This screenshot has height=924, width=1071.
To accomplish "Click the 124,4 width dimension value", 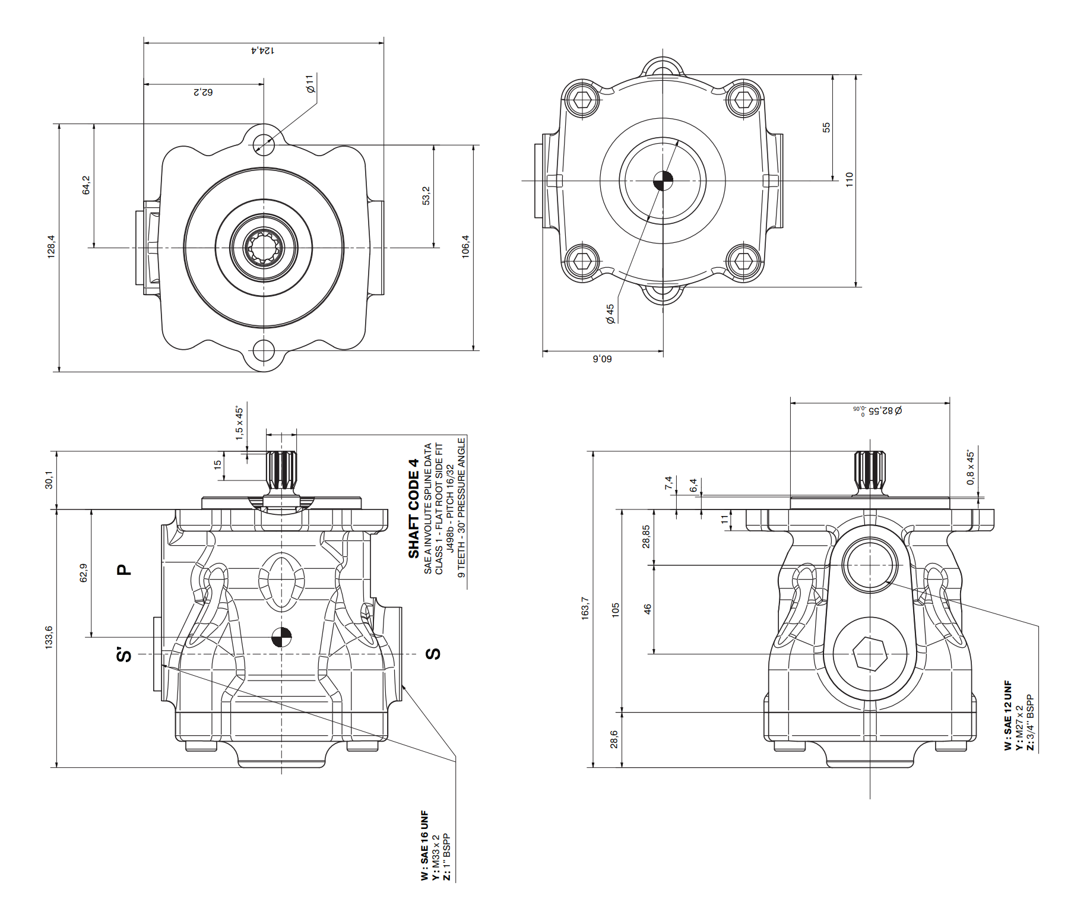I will [263, 50].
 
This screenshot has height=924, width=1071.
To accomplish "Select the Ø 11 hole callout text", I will [310, 84].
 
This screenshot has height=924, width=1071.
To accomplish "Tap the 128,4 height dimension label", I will [51, 246].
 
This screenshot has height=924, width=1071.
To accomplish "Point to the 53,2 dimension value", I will [426, 195].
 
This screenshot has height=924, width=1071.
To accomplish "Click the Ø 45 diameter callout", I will [610, 314].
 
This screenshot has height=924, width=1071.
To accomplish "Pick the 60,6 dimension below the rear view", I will [603, 359].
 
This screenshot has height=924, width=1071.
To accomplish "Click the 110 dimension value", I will [850, 180].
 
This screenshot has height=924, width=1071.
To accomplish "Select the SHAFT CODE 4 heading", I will [414, 508].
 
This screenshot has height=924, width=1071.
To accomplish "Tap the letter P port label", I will [123, 569].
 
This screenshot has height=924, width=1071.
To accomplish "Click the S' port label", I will [123, 654].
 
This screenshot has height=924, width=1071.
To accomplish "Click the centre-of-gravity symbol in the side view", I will [281, 637].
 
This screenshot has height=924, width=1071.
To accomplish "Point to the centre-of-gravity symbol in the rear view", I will [663, 181].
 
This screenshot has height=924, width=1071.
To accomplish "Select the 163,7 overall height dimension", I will [585, 609].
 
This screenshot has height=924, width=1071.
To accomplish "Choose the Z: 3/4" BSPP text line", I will [1030, 723].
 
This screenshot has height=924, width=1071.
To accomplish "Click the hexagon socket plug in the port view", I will [870, 654].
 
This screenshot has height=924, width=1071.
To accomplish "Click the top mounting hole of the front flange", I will [264, 144].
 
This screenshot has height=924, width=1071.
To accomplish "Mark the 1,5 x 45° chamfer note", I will [239, 423].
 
